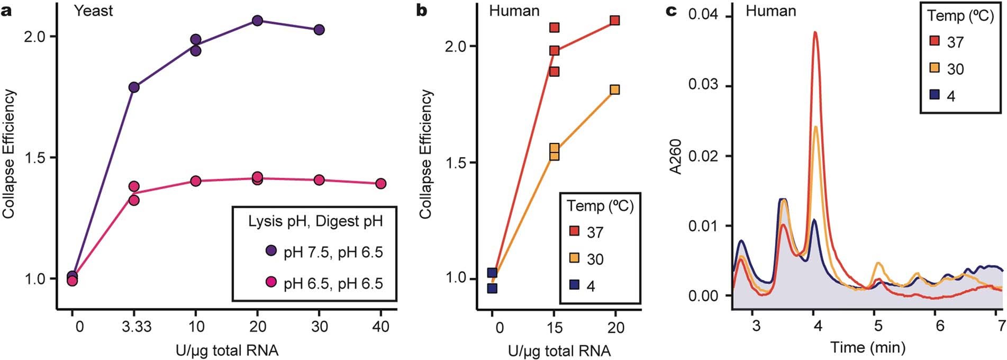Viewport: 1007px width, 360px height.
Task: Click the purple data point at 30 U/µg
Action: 319,30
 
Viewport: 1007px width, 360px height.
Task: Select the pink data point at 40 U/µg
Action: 380,184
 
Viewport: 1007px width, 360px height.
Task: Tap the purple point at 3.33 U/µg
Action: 134,87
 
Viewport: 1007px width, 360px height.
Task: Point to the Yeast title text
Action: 93,11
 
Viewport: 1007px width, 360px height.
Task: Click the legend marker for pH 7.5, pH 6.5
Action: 271,251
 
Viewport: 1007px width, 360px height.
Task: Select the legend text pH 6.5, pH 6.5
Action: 333,283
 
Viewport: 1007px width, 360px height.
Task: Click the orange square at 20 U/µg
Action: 614,90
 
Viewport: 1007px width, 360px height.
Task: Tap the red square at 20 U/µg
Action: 614,21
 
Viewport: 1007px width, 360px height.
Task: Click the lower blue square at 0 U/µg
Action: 492,289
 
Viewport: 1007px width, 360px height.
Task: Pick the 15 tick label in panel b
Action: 554,328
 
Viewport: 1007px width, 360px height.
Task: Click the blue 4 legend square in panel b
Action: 574,286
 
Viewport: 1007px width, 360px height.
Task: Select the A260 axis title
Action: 675,156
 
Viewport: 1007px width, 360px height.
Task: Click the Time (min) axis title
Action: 868,348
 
